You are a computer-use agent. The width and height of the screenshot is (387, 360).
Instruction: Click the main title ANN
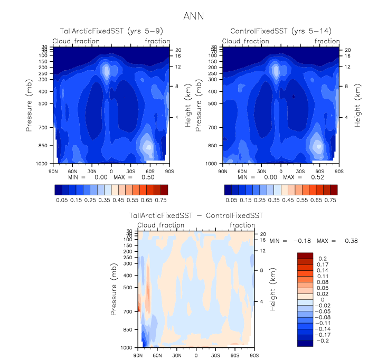pyautogui.click(x=193, y=16)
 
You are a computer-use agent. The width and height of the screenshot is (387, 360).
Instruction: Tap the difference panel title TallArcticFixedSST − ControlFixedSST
pyautogui.click(x=196, y=216)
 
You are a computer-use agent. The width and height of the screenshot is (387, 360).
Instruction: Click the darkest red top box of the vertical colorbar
pyautogui.click(x=306, y=255)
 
